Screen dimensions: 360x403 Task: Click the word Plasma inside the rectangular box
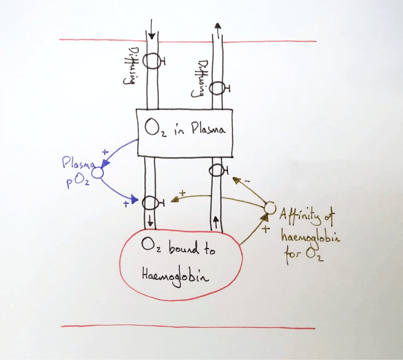[208, 129]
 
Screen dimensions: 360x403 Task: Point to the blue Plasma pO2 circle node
[97, 172]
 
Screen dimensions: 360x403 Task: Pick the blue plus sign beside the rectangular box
[105, 151]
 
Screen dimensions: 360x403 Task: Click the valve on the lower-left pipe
[150, 202]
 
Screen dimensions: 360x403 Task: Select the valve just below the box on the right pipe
[216, 170]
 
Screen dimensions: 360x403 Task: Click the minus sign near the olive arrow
[247, 181]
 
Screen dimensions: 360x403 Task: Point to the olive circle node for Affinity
[270, 207]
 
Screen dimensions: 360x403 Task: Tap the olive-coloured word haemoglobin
[310, 237]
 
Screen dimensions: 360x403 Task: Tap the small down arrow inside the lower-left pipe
[150, 221]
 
